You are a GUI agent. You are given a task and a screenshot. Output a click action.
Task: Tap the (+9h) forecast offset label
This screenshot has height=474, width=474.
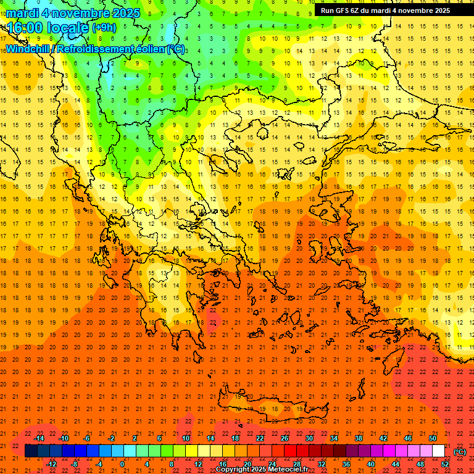(x=104, y=28)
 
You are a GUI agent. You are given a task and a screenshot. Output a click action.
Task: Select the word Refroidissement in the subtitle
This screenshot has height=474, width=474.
(x=96, y=49)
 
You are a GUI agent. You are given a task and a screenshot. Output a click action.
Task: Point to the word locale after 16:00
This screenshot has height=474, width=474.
(x=71, y=28)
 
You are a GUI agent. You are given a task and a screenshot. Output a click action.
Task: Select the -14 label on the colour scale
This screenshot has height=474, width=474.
(x=39, y=438)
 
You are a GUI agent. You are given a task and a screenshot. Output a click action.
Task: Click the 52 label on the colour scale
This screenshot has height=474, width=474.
(x=445, y=464)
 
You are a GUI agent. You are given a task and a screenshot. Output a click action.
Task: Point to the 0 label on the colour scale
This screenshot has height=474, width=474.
(x=122, y=464)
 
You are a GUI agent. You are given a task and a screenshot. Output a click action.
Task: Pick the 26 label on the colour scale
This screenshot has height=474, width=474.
(x=285, y=438)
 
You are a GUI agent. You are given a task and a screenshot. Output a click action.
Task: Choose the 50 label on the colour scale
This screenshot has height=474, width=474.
(x=433, y=438)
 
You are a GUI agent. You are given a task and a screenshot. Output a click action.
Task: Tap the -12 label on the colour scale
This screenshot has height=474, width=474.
(x=52, y=464)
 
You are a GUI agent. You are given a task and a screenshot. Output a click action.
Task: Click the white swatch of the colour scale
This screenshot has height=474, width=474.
(x=439, y=451)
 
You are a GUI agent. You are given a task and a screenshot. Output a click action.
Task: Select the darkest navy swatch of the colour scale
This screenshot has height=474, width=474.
(x=31, y=451)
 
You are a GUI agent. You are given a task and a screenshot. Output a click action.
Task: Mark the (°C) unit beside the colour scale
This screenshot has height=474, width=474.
(x=460, y=451)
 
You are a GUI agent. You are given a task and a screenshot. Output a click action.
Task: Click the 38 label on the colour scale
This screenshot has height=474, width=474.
(x=359, y=438)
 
